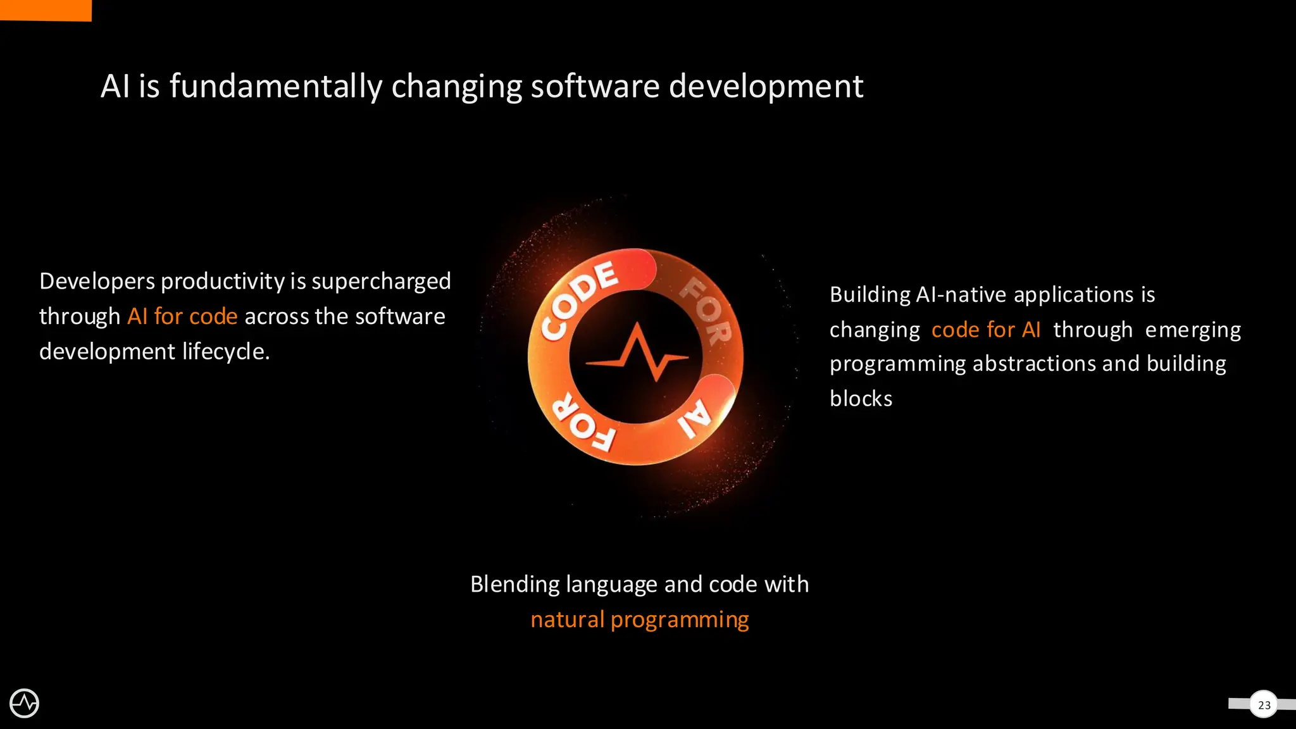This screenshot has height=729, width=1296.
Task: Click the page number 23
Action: point(1264,705)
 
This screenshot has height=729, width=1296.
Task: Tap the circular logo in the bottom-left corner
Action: point(25,703)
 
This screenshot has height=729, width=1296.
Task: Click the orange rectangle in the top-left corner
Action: point(46,10)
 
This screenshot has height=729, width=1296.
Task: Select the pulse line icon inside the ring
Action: point(637,354)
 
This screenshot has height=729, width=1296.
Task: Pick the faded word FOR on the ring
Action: point(706,310)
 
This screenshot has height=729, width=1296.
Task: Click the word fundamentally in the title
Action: point(276,86)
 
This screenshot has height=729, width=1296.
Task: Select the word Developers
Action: point(97,281)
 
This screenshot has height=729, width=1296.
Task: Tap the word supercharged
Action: point(381,281)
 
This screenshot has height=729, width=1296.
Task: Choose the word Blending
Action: point(514,584)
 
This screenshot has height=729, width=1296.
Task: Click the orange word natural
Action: point(567,619)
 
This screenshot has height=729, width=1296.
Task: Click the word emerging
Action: point(1193,330)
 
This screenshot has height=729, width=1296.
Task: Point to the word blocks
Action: point(861,399)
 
